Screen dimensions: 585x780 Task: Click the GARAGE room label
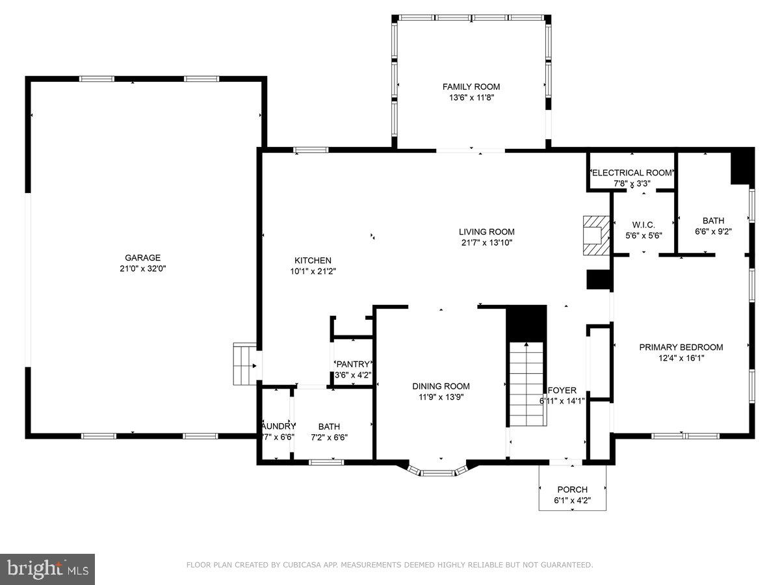[143, 257]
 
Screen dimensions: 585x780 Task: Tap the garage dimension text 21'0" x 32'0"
[143, 268]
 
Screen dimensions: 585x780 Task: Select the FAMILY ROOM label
[471, 86]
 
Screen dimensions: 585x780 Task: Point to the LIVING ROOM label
[486, 231]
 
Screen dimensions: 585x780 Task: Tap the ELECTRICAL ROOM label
[632, 173]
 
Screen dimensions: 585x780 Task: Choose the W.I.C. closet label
[643, 224]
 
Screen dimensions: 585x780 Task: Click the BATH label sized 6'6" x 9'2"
[712, 220]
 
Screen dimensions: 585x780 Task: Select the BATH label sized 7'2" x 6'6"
[328, 426]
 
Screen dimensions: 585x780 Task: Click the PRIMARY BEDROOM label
[681, 347]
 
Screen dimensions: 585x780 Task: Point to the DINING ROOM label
[441, 386]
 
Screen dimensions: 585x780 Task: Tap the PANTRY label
[353, 364]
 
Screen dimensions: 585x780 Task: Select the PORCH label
[572, 489]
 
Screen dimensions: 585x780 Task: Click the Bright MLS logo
[47, 569]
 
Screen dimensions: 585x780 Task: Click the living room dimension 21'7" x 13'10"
[486, 242]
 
